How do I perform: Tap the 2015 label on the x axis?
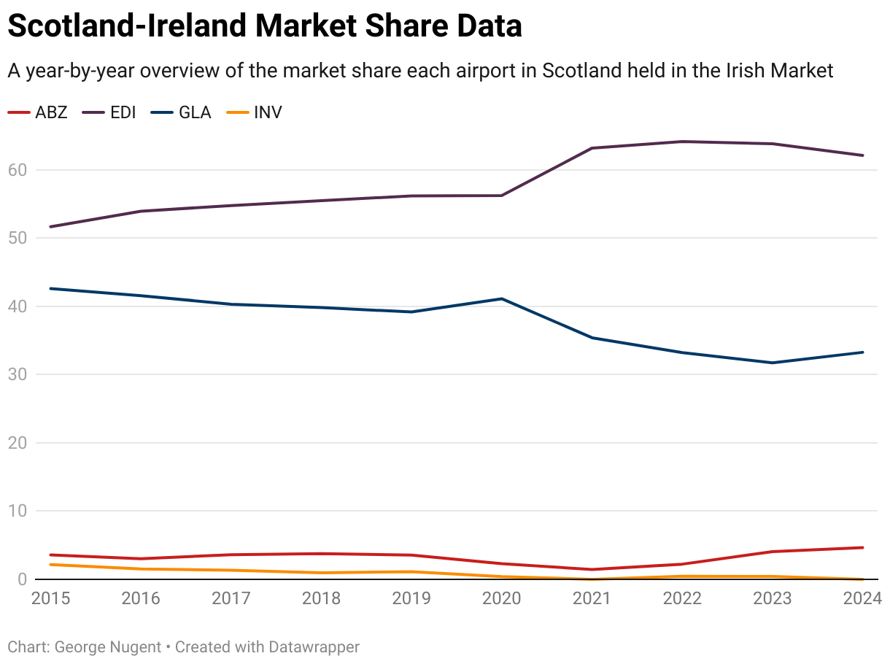[x=51, y=598]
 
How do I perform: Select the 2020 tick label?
[x=502, y=598]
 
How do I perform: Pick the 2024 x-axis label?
[x=863, y=598]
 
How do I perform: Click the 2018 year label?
[x=322, y=598]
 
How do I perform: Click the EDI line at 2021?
[x=592, y=148]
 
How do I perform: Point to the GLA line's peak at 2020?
[x=502, y=298]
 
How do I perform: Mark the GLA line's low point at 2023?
[x=773, y=363]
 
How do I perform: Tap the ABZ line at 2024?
[x=863, y=547]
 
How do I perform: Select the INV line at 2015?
[x=51, y=564]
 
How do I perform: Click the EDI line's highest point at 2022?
[x=682, y=142]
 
